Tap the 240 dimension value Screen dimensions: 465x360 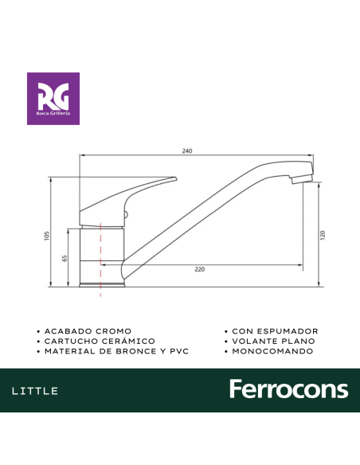[x=188, y=150]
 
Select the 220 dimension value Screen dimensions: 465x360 [x=199, y=269]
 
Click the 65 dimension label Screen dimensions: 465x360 [x=65, y=258]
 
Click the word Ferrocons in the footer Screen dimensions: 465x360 [x=288, y=390]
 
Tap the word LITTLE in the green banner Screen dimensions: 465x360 [x=35, y=391]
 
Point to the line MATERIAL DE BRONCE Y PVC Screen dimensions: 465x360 [x=116, y=351]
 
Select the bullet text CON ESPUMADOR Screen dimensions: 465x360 [x=275, y=330]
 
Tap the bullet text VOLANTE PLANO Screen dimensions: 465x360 [x=273, y=341]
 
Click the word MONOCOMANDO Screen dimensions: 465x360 [x=272, y=351]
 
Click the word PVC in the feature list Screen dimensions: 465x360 [x=179, y=351]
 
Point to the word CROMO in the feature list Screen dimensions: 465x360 [x=115, y=330]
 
